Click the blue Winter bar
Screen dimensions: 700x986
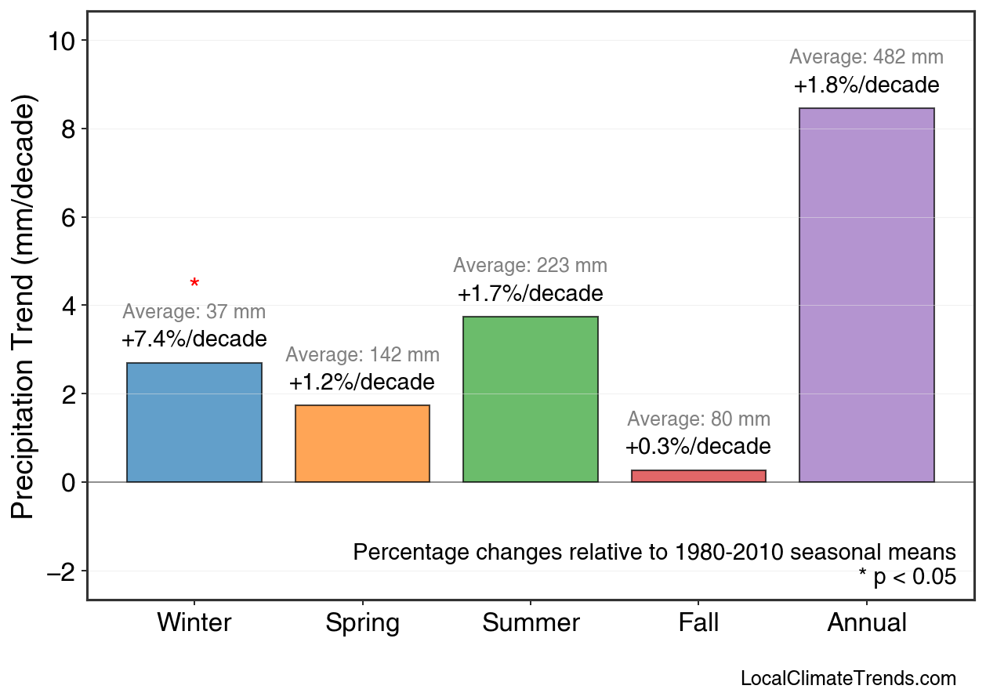point(194,423)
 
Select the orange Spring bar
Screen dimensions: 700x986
point(362,444)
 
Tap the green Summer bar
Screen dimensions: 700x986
point(530,400)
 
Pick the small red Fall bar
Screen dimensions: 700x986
point(698,476)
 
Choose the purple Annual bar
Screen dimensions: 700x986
point(866,296)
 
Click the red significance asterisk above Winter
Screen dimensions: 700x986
point(194,284)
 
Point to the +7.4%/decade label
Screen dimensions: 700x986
point(194,339)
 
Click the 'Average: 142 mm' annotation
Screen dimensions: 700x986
point(362,355)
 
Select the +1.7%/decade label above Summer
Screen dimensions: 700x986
point(530,294)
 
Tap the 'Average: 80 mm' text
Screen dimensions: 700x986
point(698,419)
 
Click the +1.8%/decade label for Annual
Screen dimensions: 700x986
point(866,85)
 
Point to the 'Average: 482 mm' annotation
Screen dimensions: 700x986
point(866,57)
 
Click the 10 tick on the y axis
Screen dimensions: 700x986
point(61,41)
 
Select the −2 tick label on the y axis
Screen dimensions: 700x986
point(61,571)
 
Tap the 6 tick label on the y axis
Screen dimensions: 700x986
point(68,217)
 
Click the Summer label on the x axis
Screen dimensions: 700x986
point(531,623)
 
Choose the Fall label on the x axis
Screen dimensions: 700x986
point(698,623)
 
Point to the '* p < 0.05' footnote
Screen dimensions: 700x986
point(907,578)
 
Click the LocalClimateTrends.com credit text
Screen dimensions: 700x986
point(847,678)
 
